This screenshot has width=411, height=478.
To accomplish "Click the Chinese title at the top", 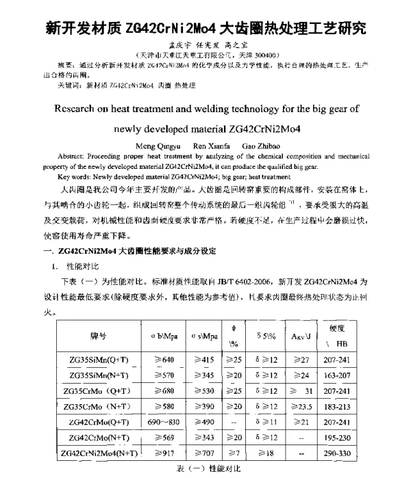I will pyautogui.click(x=206, y=29).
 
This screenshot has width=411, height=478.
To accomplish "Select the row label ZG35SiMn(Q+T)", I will pyautogui.click(x=98, y=360).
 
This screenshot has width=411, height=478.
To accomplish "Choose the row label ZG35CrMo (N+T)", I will pyautogui.click(x=98, y=407).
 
